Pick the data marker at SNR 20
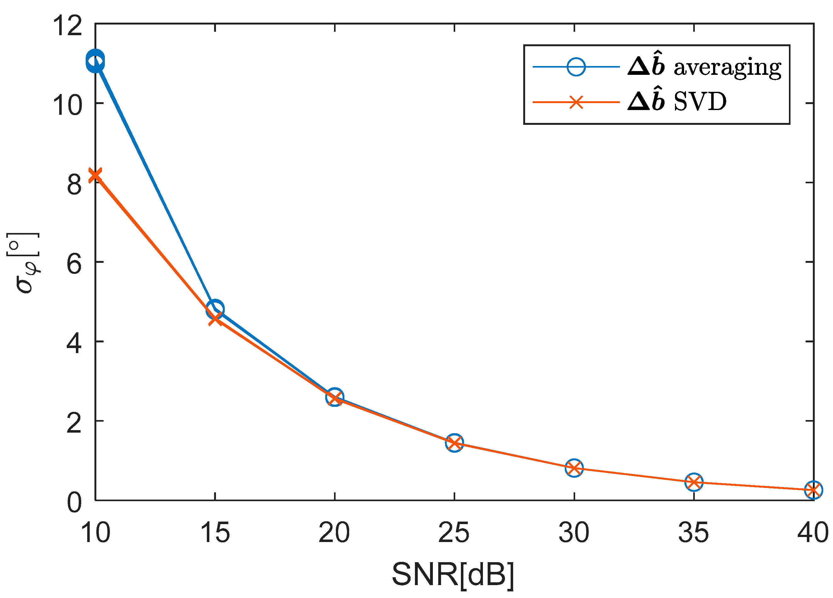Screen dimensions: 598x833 coord(335,398)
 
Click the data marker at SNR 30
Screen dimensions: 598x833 coord(574,468)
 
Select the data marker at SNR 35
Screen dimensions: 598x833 coord(694,482)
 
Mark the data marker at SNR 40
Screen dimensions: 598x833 coord(813,490)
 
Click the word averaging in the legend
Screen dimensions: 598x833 coord(727,68)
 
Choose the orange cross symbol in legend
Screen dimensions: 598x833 coord(576,102)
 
